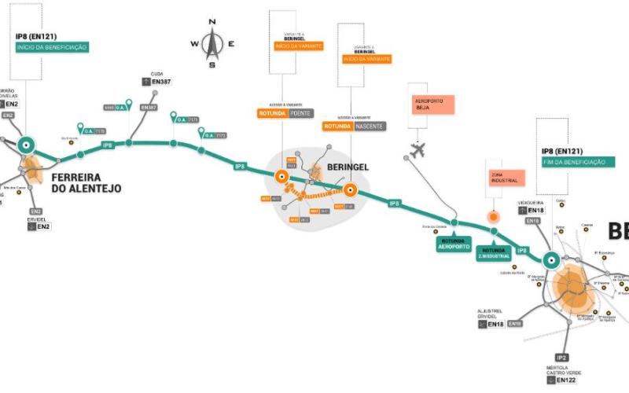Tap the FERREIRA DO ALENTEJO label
coord(86,182)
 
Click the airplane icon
coord(417,149)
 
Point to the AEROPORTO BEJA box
coord(434,106)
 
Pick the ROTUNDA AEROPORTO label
coord(454,244)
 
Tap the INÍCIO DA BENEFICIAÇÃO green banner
coord(52,47)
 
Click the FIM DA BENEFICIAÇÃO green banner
coord(573,161)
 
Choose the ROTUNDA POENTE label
coord(285,113)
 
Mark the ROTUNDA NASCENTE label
coord(354,126)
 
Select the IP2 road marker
coord(561,356)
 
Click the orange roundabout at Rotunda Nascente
coord(350,189)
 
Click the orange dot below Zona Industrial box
coord(494,215)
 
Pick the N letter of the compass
coord(212,22)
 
